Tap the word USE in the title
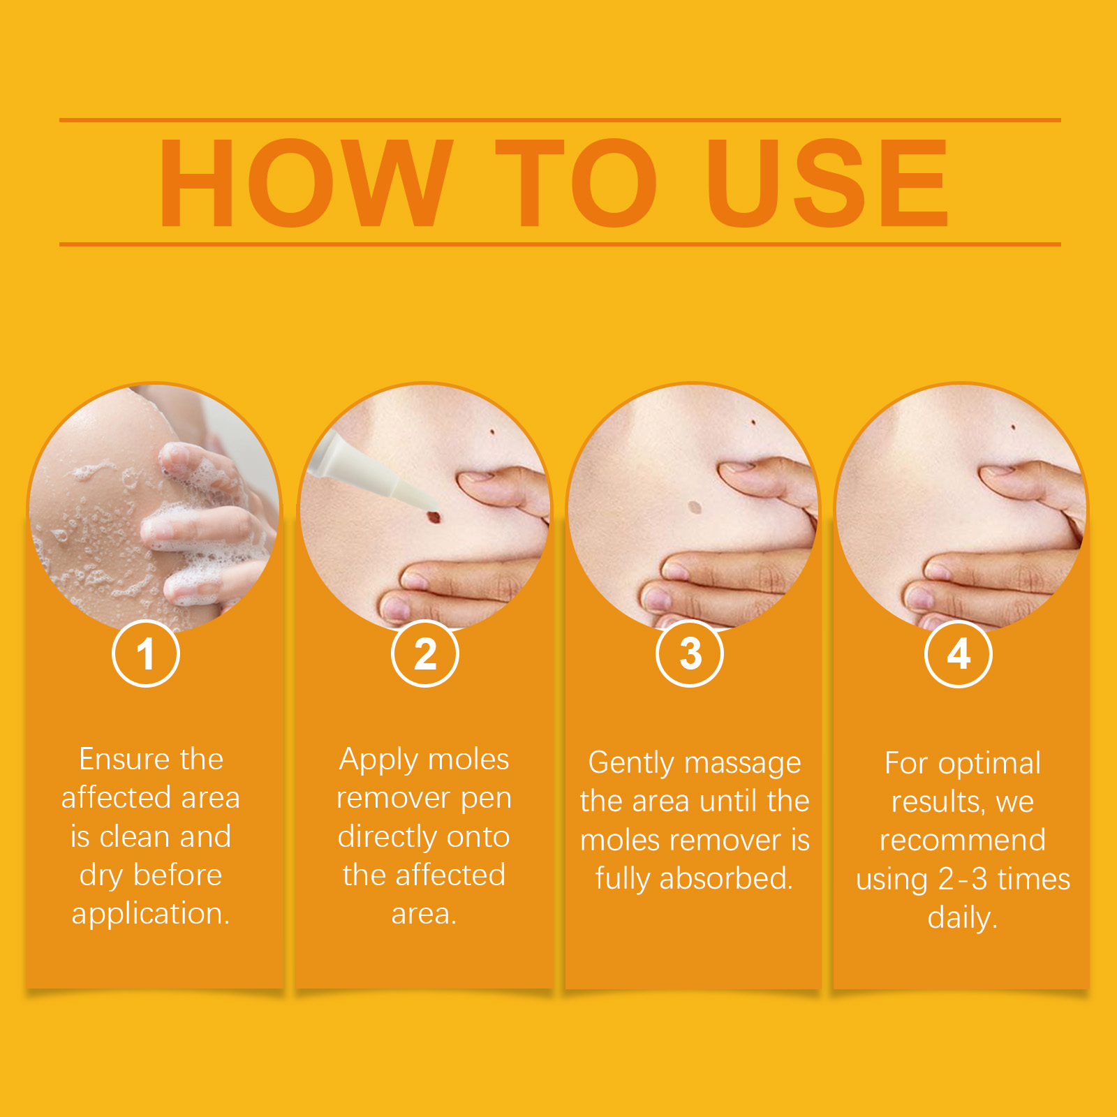click(828, 183)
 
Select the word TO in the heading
click(577, 183)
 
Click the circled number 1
click(146, 654)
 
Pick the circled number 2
click(425, 654)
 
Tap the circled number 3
click(690, 654)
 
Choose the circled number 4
click(959, 654)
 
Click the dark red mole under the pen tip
click(434, 517)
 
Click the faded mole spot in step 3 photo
click(694, 507)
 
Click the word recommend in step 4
click(963, 840)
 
